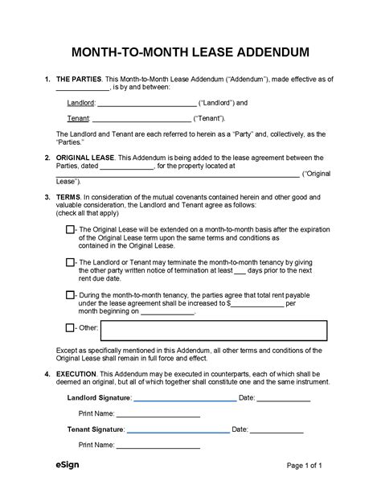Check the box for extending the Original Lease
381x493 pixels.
pos(69,230)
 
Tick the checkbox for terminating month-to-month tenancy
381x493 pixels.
pos(69,262)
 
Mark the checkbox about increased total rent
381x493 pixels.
pos(69,295)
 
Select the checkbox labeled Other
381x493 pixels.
pos(69,328)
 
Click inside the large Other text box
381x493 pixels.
pos(214,330)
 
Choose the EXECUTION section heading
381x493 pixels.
pos(79,376)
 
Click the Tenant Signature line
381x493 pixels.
pos(175,430)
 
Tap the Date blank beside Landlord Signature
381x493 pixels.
pos(284,398)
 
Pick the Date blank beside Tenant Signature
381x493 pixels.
pos(277,430)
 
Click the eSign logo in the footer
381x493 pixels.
pos(67,466)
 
